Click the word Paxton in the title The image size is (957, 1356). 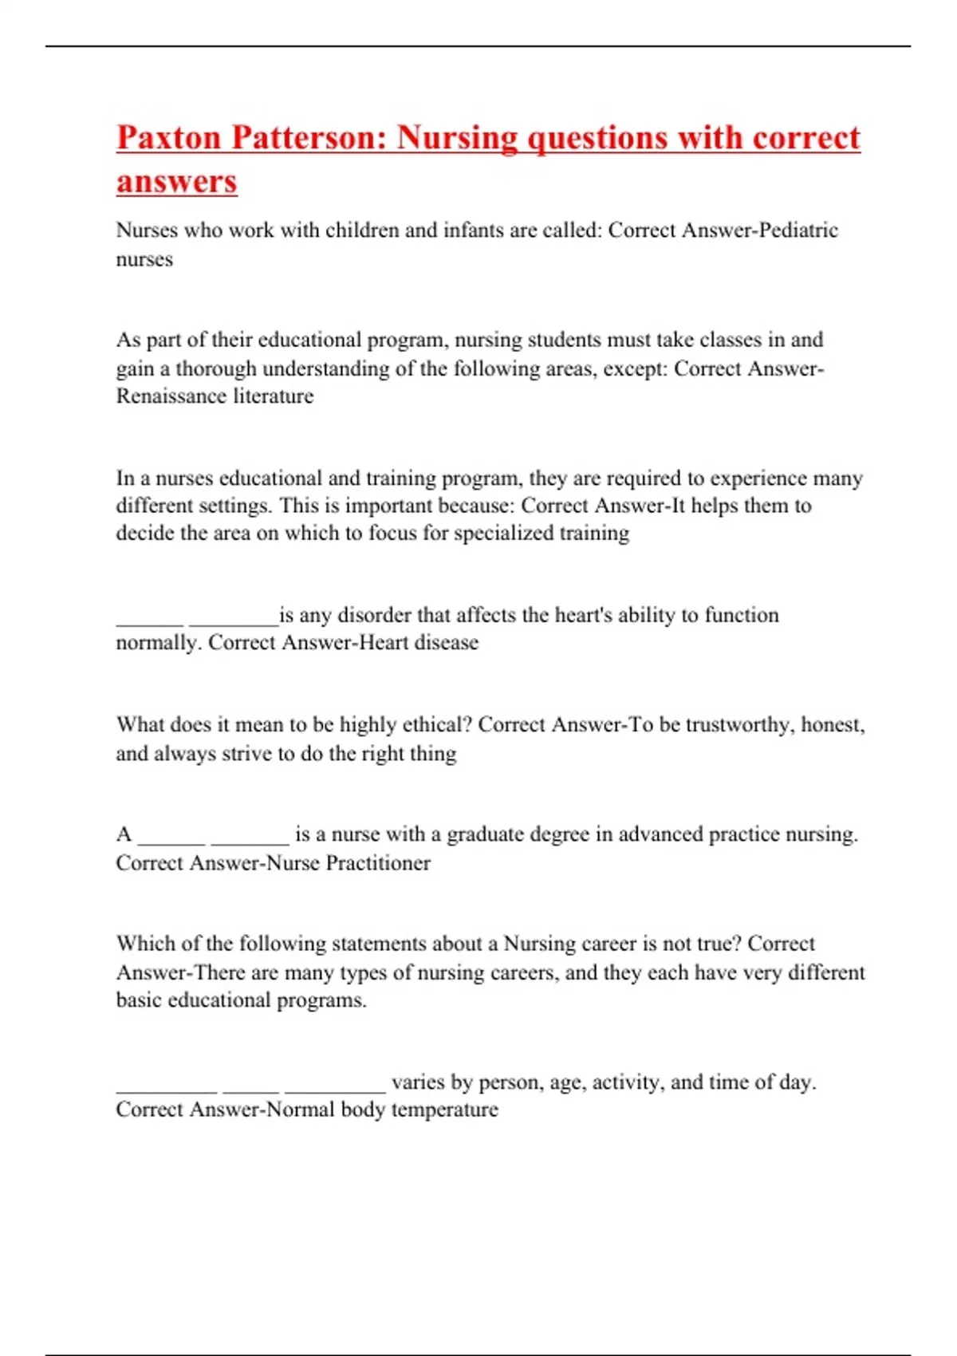pyautogui.click(x=168, y=138)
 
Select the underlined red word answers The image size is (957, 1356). pyautogui.click(x=177, y=181)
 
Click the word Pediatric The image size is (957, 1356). pyautogui.click(x=798, y=231)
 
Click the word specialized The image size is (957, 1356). pyautogui.click(x=503, y=533)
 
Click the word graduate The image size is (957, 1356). pyautogui.click(x=485, y=834)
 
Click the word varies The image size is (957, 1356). pyautogui.click(x=418, y=1082)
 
